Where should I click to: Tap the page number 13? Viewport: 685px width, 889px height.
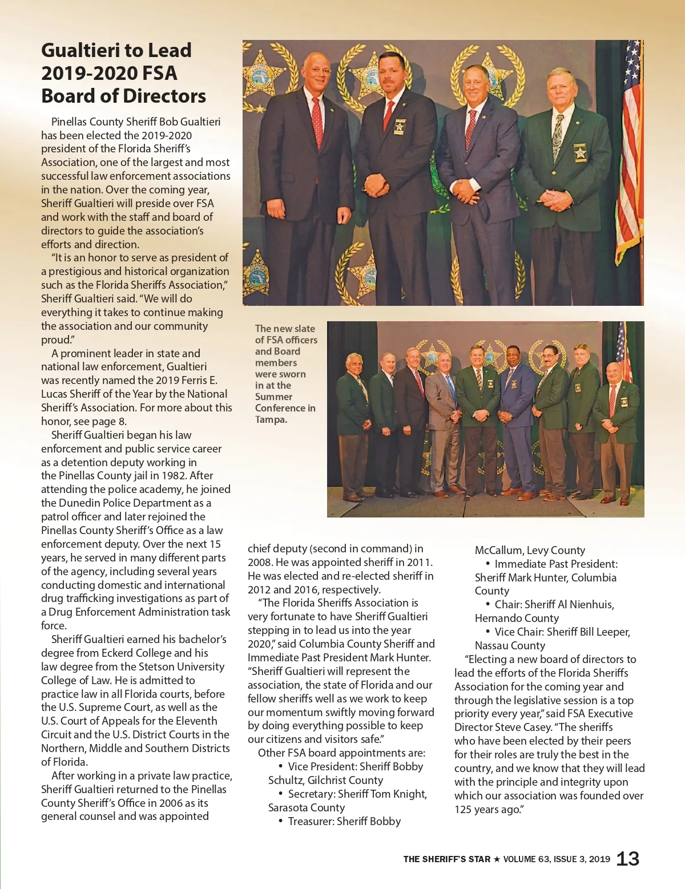tap(628, 858)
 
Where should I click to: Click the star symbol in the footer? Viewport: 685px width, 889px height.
tap(497, 859)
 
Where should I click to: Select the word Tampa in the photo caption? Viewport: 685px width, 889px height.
tap(270, 419)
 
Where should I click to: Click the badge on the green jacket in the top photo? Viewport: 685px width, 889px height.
tap(580, 153)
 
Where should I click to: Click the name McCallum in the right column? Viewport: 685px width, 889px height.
tap(498, 550)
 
